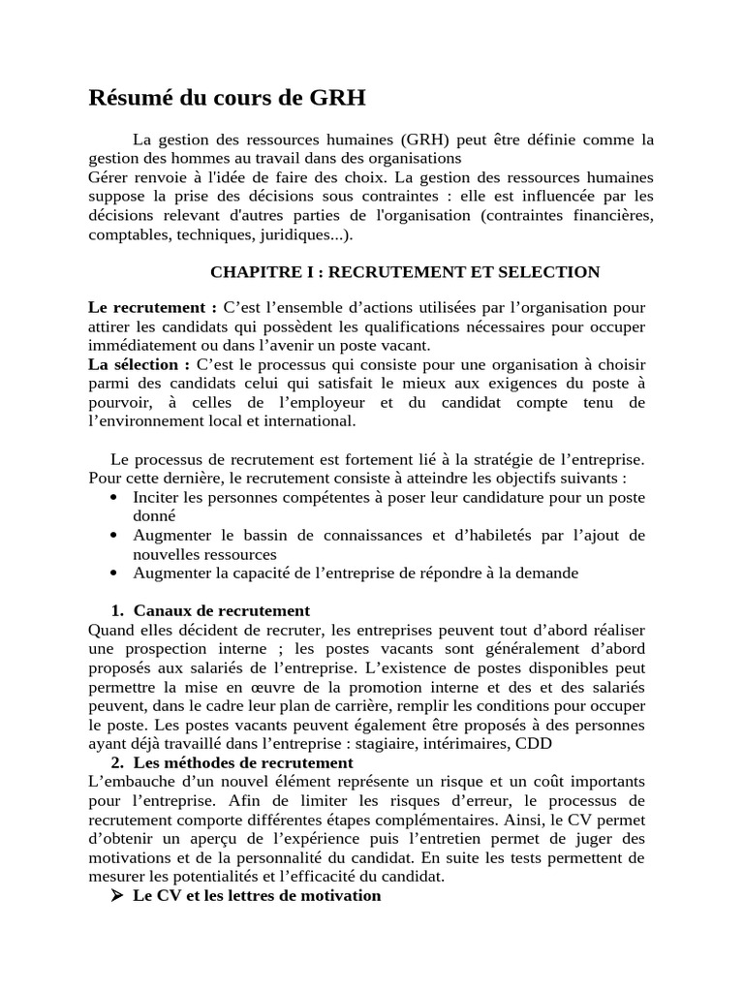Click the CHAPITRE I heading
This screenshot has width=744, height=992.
[405, 272]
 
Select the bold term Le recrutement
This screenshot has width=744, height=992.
[152, 307]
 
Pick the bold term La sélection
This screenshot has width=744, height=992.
[139, 364]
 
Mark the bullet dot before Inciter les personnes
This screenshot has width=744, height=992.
[114, 497]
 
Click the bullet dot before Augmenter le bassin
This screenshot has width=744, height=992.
[114, 536]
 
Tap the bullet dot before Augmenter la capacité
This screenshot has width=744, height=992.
[114, 573]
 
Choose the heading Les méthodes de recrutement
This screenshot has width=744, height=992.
[242, 762]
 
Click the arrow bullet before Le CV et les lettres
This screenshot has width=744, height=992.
[117, 896]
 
